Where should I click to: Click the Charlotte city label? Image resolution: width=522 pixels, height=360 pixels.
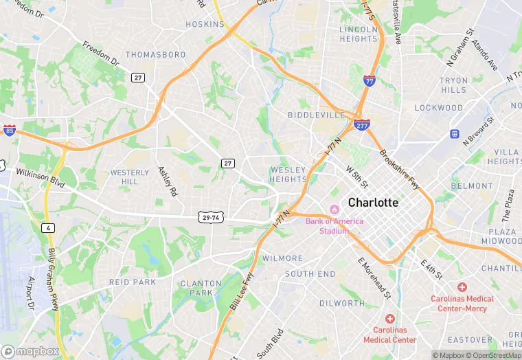click(373, 203)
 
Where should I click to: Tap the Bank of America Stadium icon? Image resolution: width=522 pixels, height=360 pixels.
click(334, 209)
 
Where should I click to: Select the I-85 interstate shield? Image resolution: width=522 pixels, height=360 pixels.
click(8, 130)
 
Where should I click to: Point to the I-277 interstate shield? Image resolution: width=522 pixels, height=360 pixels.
click(362, 125)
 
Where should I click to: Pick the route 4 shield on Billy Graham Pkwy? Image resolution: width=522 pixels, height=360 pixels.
click(47, 227)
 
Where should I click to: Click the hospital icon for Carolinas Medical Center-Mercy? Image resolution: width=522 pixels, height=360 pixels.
click(462, 286)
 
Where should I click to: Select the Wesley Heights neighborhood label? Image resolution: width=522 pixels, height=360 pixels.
click(288, 175)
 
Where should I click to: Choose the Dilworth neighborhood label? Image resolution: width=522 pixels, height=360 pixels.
click(341, 303)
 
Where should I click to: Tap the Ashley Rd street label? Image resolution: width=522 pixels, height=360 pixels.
click(168, 181)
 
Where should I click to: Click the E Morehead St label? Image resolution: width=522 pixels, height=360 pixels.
click(374, 278)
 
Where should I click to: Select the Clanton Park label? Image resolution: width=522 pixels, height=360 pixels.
click(201, 288)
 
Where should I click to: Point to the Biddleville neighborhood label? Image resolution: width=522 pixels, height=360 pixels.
click(316, 115)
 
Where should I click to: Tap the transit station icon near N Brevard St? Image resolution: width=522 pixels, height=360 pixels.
click(454, 133)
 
